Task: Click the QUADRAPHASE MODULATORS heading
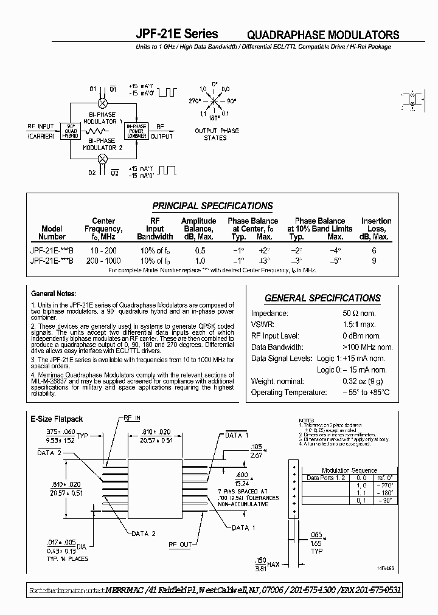323,35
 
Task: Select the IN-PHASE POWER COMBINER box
136,131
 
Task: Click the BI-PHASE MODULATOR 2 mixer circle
103,159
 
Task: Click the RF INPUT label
41,126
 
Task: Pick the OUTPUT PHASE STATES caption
217,134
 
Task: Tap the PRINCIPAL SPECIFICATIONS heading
212,205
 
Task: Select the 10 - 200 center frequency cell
103,250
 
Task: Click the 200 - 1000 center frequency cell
103,260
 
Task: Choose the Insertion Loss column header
376,228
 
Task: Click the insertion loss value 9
374,260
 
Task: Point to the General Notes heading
52,294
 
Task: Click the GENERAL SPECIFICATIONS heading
322,298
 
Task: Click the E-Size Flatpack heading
57,419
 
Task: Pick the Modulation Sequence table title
350,470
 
